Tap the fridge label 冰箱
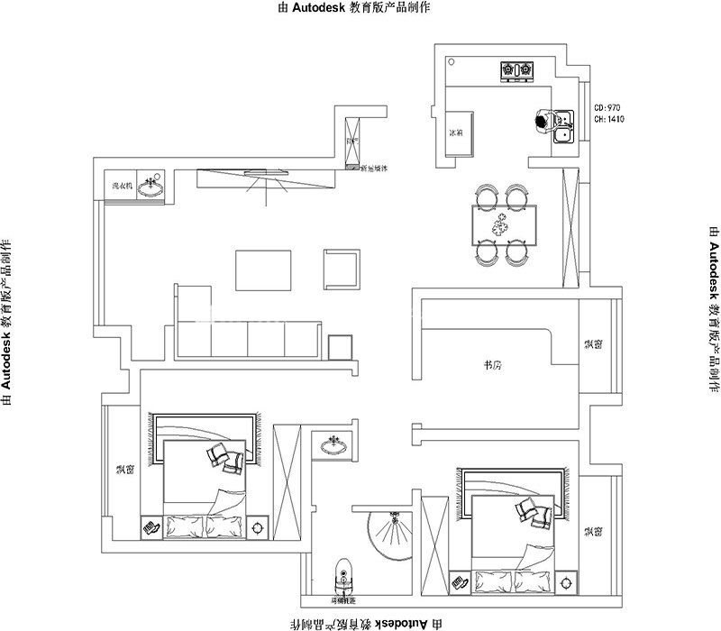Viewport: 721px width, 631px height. pos(455,133)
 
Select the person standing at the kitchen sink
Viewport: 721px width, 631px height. pos(542,121)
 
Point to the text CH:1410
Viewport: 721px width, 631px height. pos(610,119)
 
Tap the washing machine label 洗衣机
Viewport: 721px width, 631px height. pos(122,186)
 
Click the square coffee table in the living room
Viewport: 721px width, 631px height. pos(263,270)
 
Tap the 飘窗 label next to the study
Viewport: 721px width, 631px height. pos(593,343)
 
